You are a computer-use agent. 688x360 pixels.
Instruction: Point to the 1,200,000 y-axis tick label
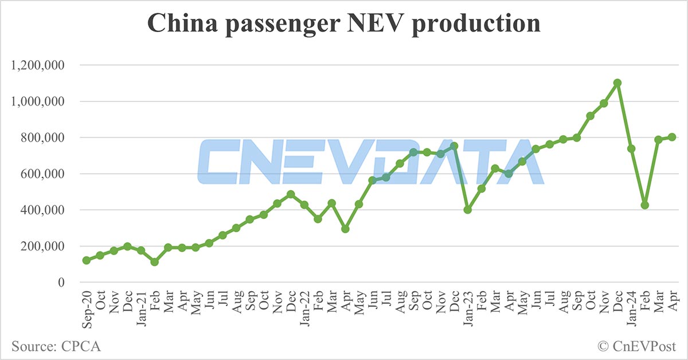tap(37, 65)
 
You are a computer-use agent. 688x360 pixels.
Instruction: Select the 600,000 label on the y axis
tap(45, 174)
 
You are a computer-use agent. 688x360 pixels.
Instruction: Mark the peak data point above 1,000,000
tap(617, 83)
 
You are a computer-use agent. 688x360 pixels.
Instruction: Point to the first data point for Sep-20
tap(86, 260)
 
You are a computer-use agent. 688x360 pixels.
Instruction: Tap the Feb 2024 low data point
tap(645, 205)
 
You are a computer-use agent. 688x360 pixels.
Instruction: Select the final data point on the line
tap(672, 137)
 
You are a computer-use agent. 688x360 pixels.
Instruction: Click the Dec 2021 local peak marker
tap(291, 194)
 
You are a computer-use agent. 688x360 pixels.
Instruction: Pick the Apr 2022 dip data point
tap(345, 229)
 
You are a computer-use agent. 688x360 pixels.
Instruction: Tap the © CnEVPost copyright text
tap(636, 346)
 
